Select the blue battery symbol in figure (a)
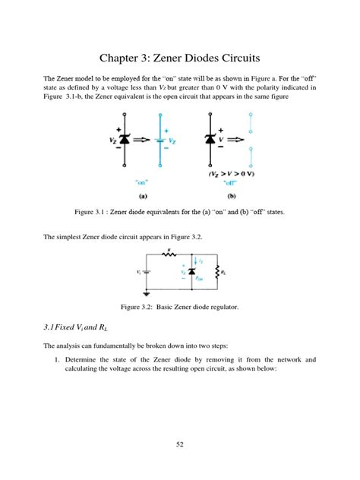160,141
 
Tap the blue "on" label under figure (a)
141,181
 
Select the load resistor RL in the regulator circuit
218,273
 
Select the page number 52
179,443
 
